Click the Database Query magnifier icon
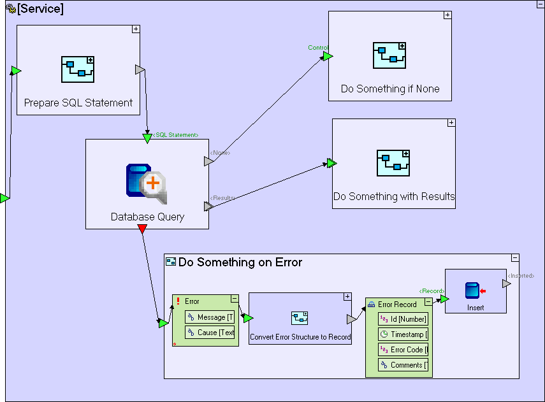(x=146, y=183)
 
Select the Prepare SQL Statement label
(x=78, y=103)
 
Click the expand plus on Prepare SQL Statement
(x=136, y=29)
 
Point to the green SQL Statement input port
(x=147, y=138)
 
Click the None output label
(x=220, y=153)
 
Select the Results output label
(x=222, y=198)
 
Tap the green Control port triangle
(x=327, y=56)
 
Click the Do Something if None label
(x=390, y=89)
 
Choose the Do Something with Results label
(x=394, y=196)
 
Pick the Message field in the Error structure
(x=210, y=317)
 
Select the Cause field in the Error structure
(x=210, y=333)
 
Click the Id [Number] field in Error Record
(x=403, y=319)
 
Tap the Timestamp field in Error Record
(x=403, y=334)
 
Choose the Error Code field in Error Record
(x=403, y=350)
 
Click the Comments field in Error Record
(x=403, y=365)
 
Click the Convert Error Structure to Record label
(x=300, y=337)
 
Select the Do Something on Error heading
(x=240, y=262)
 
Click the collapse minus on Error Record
(x=428, y=303)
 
